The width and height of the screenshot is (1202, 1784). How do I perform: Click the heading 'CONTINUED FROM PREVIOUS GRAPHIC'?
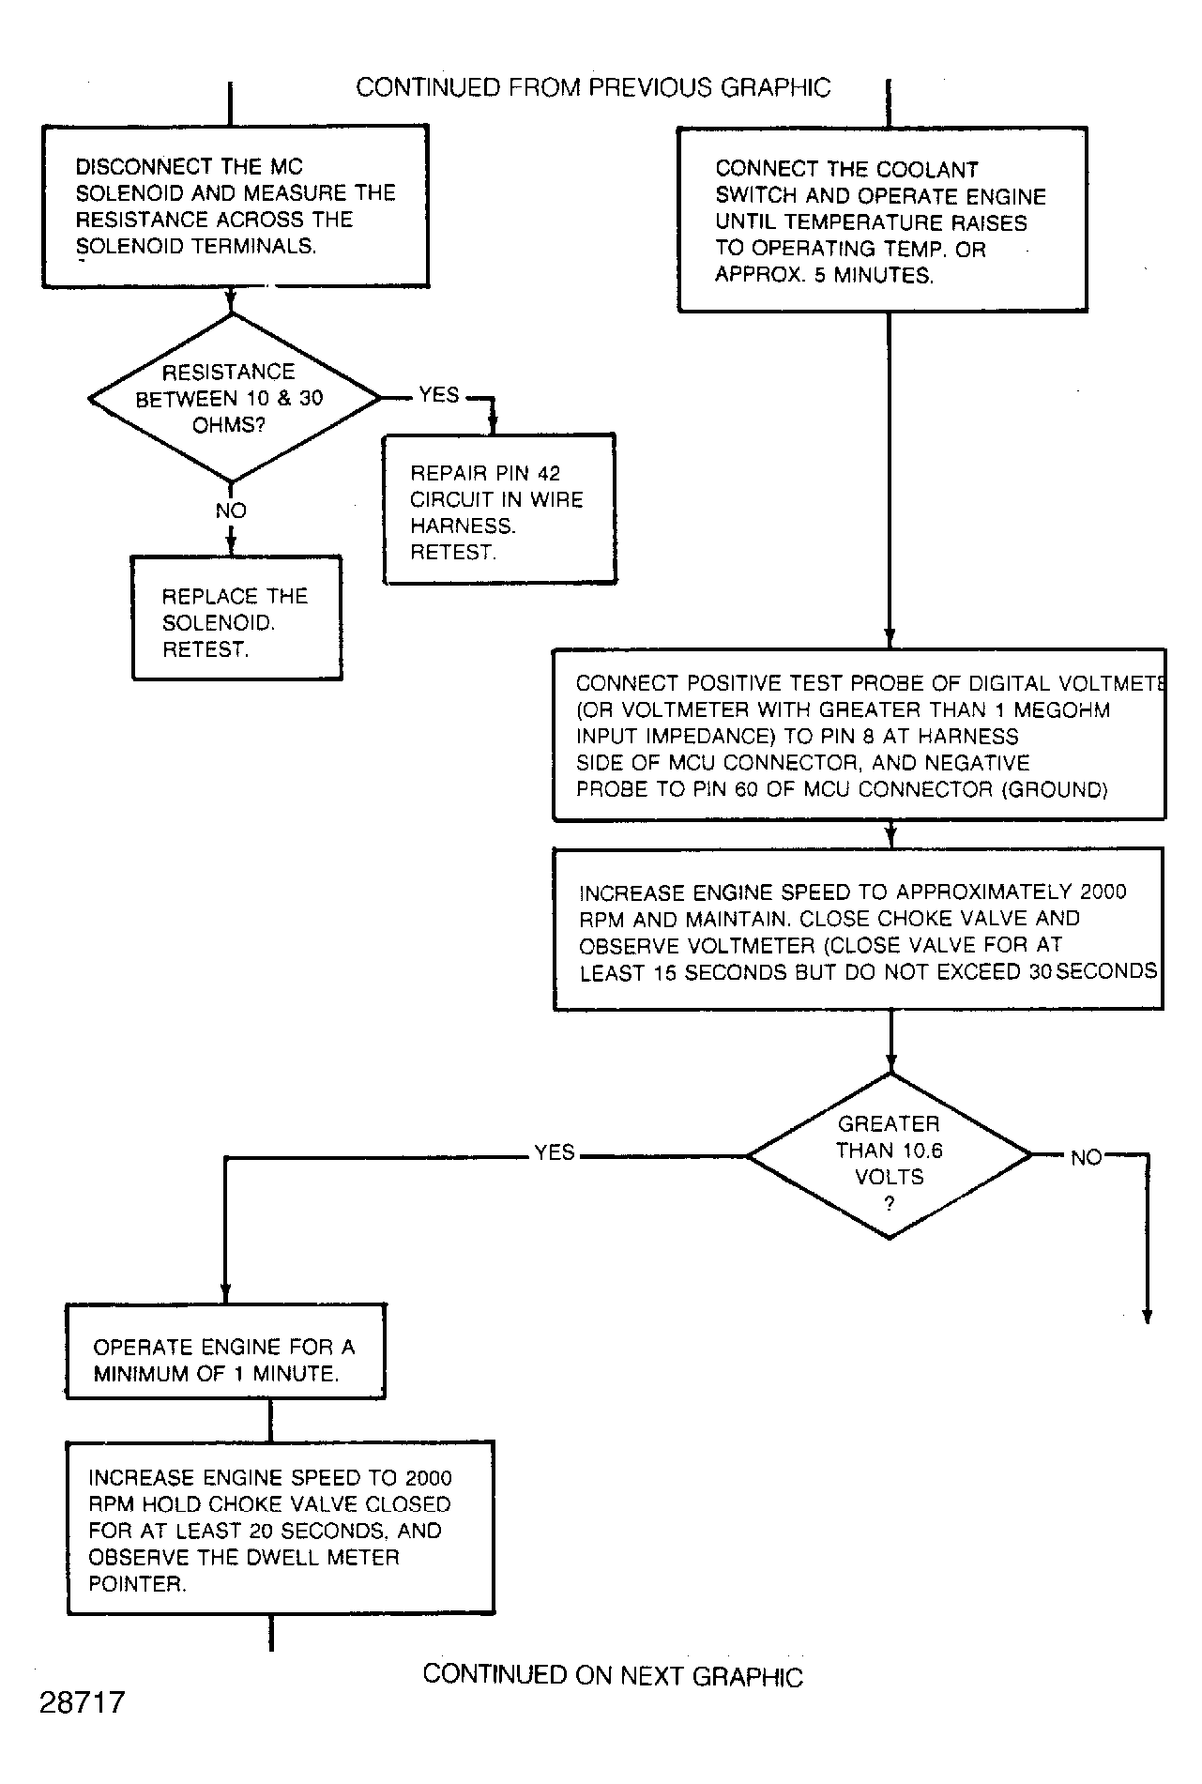point(593,87)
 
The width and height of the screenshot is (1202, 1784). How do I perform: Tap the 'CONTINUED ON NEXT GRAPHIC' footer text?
point(613,1675)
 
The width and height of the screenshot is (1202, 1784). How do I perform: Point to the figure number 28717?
point(82,1702)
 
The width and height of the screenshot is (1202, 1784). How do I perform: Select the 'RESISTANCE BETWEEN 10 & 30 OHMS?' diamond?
point(233,398)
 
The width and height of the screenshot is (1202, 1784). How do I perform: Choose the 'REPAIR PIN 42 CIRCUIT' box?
point(499,509)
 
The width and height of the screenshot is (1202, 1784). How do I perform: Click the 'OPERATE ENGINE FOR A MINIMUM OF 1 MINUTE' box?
point(225,1350)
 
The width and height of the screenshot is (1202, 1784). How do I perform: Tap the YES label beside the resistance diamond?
point(439,395)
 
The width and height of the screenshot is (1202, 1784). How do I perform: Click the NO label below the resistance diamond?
point(231,511)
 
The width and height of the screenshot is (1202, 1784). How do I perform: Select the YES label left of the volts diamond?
point(555,1152)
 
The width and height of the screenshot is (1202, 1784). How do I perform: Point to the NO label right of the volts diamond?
point(1087,1158)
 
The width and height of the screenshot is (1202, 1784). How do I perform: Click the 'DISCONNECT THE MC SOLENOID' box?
point(236,206)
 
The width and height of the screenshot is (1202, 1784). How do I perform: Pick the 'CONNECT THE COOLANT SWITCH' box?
point(882,220)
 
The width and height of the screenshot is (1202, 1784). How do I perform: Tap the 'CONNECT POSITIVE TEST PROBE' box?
point(860,735)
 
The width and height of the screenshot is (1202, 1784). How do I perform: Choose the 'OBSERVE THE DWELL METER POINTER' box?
point(281,1529)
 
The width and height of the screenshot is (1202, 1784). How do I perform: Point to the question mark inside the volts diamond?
point(890,1205)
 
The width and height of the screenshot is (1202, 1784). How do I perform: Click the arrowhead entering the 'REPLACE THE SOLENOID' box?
point(231,547)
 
